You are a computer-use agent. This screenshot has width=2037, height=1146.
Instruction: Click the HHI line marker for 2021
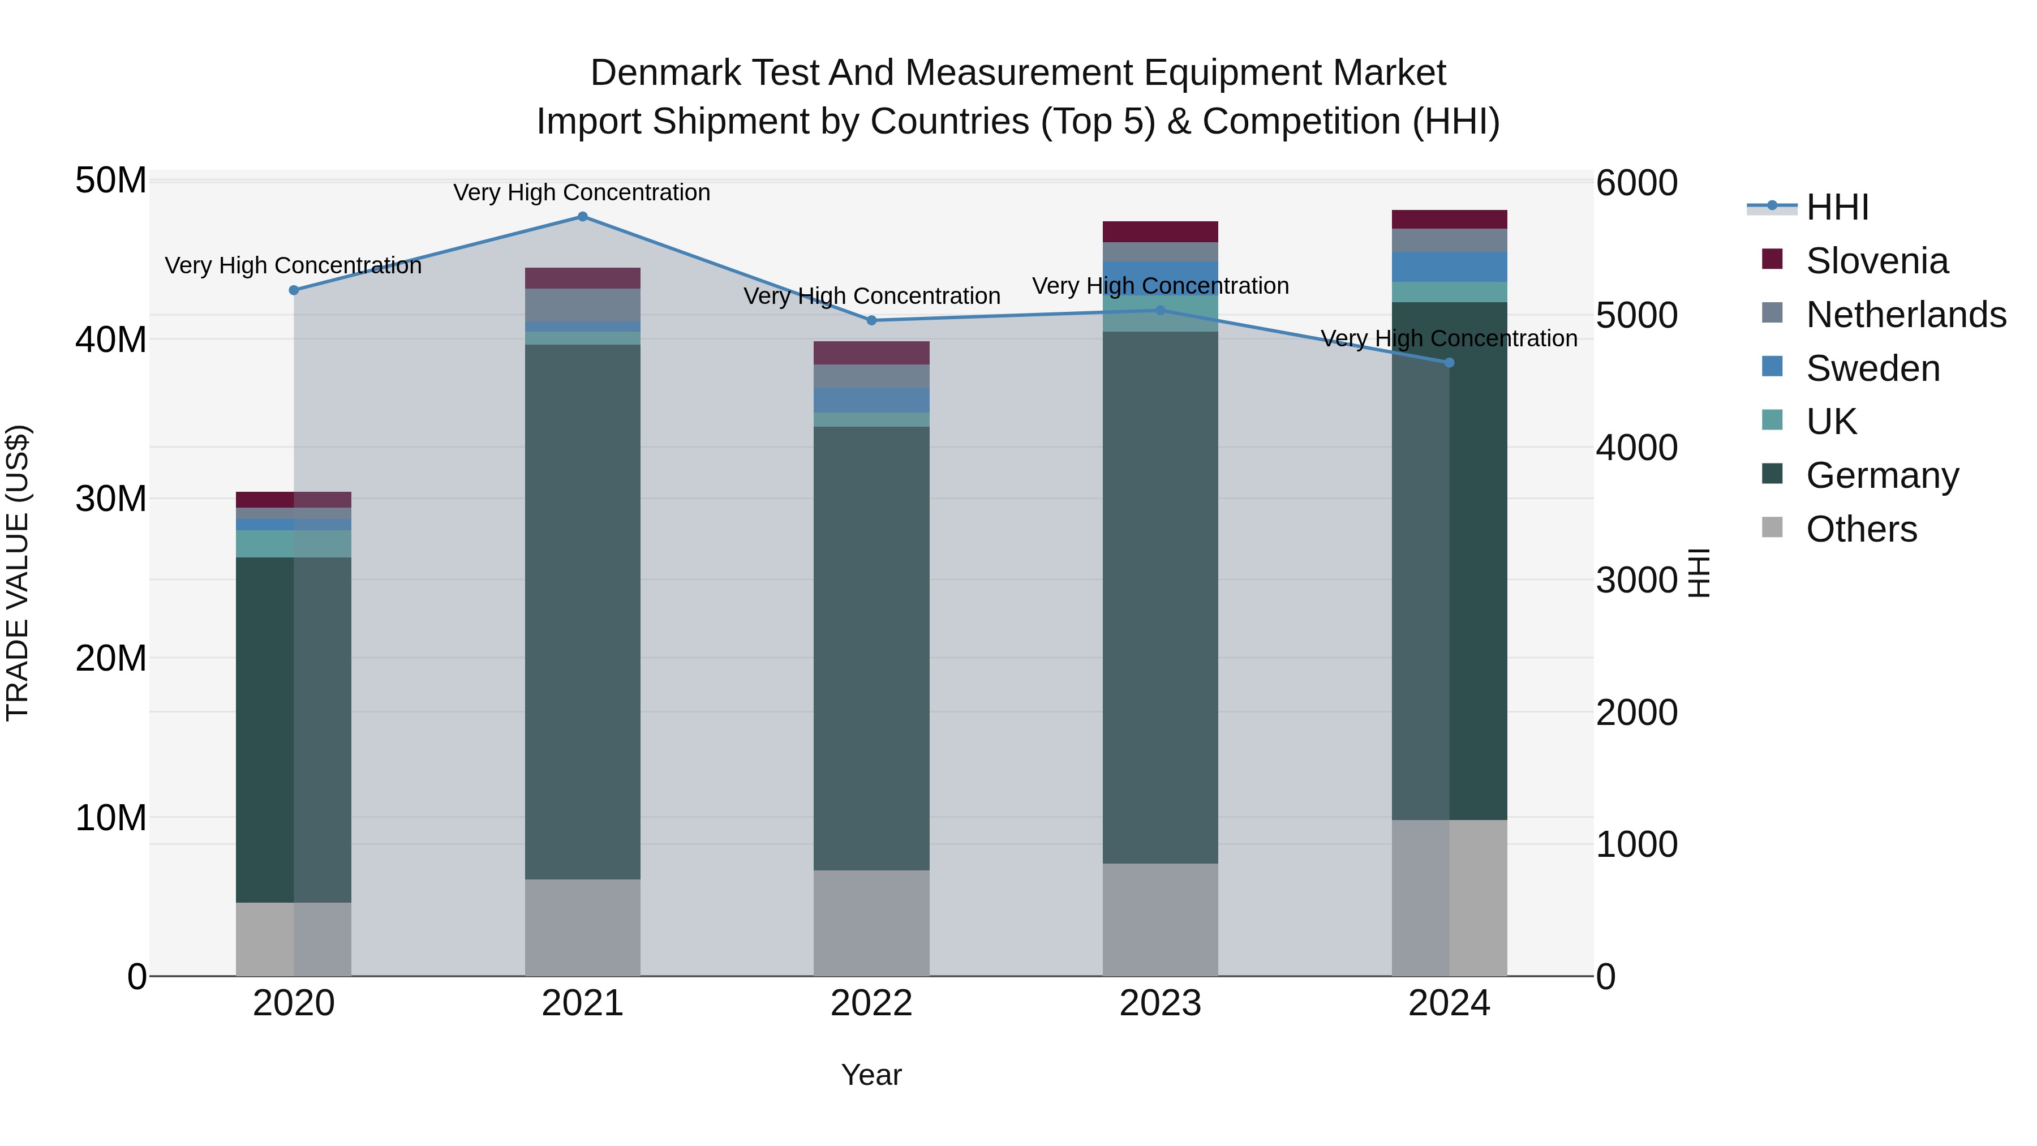pos(583,217)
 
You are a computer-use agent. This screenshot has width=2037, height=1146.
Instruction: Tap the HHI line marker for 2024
pos(1450,363)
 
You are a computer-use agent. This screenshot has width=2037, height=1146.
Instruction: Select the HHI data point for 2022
pos(871,320)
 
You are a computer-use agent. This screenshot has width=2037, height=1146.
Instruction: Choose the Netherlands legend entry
pos(1906,315)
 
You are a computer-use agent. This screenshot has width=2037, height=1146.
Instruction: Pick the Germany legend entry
pos(1882,475)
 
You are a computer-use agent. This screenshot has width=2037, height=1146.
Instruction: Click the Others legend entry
pos(1862,529)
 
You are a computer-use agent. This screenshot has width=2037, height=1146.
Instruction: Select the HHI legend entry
pos(1837,207)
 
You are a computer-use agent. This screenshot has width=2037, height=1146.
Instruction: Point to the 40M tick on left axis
pos(111,340)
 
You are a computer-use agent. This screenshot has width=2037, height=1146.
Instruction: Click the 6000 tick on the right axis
pos(1636,183)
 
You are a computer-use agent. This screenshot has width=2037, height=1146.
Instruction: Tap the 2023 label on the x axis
pos(1160,1003)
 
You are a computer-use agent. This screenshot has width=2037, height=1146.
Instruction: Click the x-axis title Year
pos(871,1075)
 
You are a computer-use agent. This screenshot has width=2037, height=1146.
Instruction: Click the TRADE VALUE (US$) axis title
pos(18,573)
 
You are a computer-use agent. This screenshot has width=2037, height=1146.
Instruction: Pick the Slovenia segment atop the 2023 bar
pos(1160,231)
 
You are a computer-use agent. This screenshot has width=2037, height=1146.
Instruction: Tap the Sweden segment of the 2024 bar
pos(1450,267)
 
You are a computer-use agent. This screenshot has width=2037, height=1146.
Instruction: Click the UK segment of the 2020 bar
pos(293,543)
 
